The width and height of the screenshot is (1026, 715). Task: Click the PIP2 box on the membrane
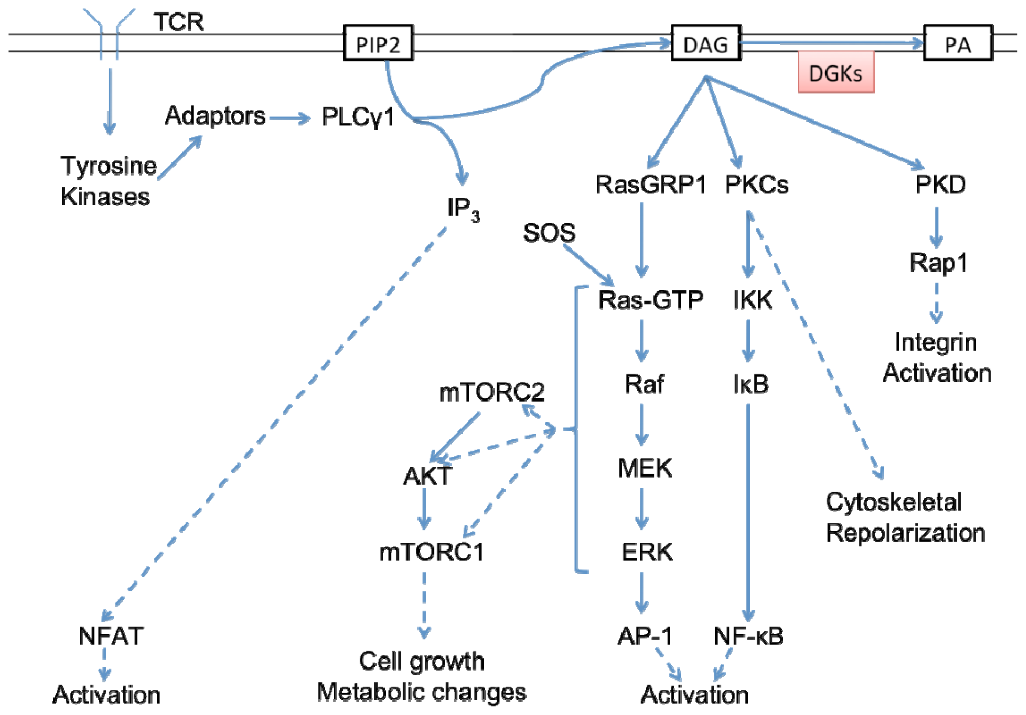tap(378, 43)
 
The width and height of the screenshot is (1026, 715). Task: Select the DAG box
tap(706, 43)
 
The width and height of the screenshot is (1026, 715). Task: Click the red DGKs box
tap(836, 72)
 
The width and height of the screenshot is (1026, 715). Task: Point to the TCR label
tap(179, 22)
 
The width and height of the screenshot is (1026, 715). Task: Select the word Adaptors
tap(215, 116)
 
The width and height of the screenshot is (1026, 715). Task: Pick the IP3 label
tap(464, 209)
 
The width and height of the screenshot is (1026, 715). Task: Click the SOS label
tap(549, 233)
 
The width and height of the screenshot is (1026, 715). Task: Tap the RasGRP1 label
tap(650, 185)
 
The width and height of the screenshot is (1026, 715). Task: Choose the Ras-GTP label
tap(650, 299)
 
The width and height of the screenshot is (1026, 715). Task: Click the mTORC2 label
tap(492, 392)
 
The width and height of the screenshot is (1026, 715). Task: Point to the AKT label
tap(427, 476)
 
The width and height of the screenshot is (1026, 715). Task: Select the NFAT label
tap(111, 636)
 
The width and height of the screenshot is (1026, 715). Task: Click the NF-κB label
tap(748, 636)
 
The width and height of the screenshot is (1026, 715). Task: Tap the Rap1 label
tap(938, 263)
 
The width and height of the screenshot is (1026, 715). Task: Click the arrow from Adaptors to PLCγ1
tap(290, 119)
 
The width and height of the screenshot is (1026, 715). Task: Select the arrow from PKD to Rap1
tap(937, 227)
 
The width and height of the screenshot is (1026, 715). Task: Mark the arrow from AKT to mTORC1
tap(424, 509)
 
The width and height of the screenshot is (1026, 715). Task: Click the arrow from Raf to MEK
tap(642, 425)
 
